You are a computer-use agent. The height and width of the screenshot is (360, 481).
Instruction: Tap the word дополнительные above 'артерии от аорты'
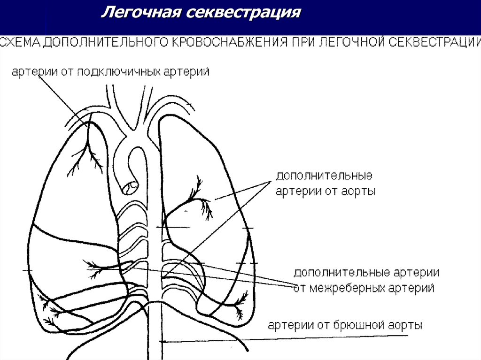(324, 176)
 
